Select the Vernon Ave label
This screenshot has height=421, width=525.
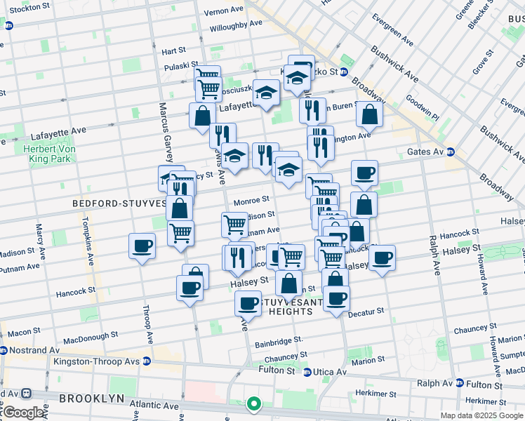coord(223,12)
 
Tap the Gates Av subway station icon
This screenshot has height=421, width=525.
coord(450,152)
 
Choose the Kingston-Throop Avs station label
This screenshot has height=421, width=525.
coord(98,361)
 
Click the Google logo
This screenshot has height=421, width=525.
coord(23,413)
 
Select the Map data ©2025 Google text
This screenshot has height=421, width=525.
coord(481,415)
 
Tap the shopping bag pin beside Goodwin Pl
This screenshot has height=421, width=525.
coord(369,114)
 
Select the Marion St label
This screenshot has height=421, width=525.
coord(369,361)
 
